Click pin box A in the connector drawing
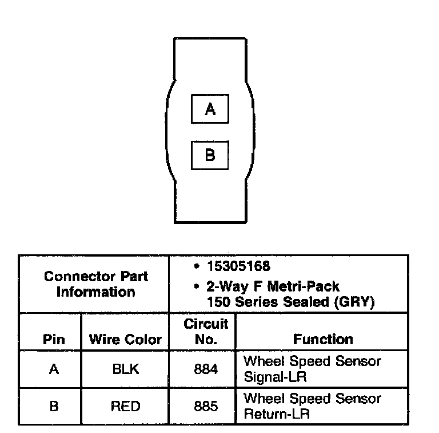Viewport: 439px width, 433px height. (210, 109)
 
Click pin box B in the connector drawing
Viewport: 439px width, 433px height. (210, 155)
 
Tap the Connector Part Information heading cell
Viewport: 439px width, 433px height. (95, 284)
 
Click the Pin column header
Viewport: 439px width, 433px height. (54, 339)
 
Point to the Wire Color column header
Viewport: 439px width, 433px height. (125, 339)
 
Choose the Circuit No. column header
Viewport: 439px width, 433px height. (206, 332)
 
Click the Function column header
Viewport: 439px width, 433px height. (323, 339)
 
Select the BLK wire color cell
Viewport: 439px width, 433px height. (125, 369)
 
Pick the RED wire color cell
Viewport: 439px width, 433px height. (125, 407)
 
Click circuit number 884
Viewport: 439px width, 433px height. (206, 369)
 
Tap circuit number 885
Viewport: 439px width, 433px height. (206, 407)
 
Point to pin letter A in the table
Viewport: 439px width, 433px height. (54, 369)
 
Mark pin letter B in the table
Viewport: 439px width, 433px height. (54, 407)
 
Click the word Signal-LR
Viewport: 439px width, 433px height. (271, 377)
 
